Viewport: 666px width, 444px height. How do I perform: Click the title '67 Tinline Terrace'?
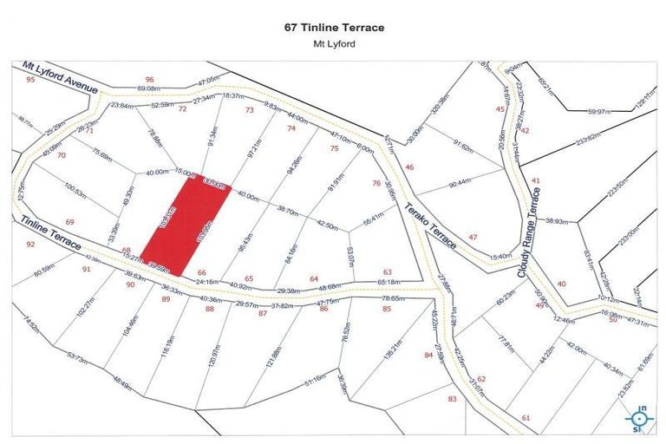click(334, 27)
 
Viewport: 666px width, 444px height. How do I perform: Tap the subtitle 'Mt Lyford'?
click(334, 43)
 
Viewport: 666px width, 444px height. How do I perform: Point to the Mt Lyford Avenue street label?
click(61, 75)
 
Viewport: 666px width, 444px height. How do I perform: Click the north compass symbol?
click(640, 418)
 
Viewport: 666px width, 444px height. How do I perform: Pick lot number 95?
click(30, 80)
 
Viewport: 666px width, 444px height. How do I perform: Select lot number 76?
click(375, 183)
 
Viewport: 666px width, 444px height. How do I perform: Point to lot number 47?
click(473, 237)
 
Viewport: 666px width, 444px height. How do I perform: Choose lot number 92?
click(31, 245)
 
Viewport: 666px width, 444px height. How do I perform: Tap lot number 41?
click(536, 180)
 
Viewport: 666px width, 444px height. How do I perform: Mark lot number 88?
click(209, 308)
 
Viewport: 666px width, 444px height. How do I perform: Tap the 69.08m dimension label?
click(149, 88)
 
